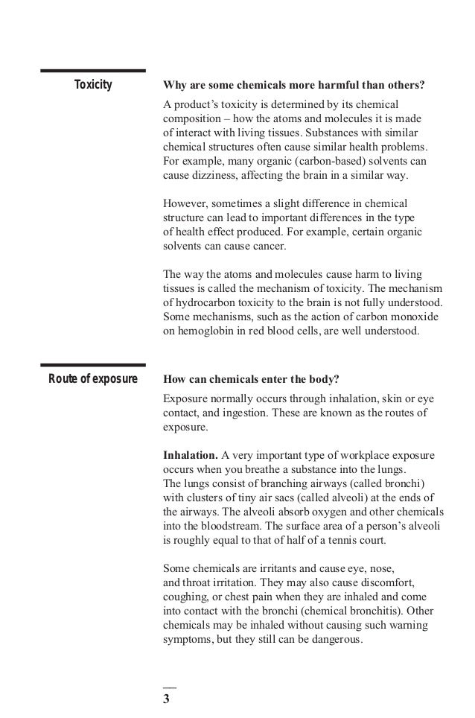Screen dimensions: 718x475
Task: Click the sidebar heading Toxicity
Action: pyautogui.click(x=93, y=86)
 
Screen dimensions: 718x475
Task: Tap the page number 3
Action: pyautogui.click(x=167, y=699)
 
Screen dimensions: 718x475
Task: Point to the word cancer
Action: pyautogui.click(x=264, y=246)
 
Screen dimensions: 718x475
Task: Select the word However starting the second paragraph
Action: pyautogui.click(x=185, y=203)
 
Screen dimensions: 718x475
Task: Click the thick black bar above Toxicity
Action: pyautogui.click(x=93, y=72)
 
